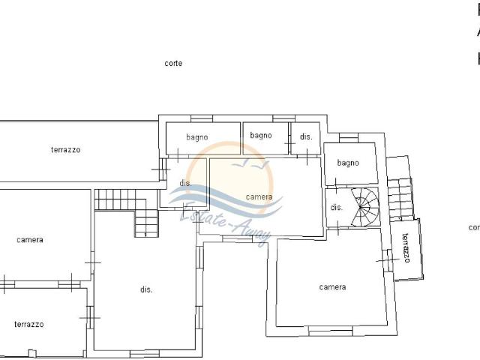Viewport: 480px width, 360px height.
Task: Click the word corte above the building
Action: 173,64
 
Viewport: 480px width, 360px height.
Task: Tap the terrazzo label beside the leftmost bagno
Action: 66,150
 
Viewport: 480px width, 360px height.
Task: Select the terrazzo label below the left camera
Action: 28,325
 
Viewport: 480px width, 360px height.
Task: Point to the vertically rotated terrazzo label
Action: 406,248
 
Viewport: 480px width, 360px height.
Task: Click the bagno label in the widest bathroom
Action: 197,137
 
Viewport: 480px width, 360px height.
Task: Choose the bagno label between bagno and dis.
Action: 261,136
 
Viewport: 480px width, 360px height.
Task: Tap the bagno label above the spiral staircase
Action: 348,163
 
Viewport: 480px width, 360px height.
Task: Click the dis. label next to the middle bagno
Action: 306,136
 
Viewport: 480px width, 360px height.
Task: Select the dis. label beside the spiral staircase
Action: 336,208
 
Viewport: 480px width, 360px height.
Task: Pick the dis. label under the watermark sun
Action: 185,184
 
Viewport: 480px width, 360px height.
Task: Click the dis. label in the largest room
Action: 146,290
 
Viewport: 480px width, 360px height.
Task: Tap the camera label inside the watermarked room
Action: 259,197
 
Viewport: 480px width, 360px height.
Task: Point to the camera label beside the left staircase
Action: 30,240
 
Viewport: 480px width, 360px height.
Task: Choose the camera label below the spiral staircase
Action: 332,287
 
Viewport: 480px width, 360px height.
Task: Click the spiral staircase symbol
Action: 365,205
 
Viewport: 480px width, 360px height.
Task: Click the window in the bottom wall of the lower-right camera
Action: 330,330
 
